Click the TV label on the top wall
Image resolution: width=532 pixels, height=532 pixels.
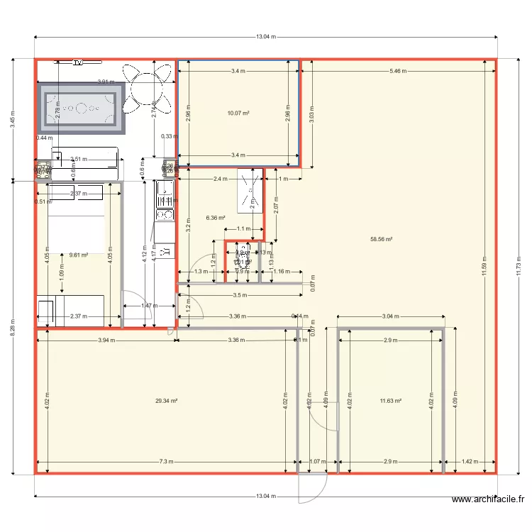(78, 62)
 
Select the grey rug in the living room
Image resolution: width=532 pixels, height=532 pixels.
(81, 109)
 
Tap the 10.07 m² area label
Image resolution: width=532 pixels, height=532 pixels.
(237, 113)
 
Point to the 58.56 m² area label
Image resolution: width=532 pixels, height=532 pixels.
(382, 239)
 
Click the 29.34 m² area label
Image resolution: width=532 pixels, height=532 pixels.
(166, 401)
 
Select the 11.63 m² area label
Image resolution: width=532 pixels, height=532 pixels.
(391, 401)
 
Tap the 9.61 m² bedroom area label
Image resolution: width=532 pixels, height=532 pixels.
(78, 254)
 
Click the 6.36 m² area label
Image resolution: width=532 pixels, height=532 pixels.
(216, 218)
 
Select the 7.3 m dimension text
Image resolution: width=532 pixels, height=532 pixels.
(166, 462)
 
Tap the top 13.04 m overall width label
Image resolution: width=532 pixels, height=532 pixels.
(266, 36)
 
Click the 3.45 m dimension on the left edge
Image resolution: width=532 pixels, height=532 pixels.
(12, 118)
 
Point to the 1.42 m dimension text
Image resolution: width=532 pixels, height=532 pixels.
(470, 462)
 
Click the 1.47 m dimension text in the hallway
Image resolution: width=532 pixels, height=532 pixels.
(148, 306)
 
